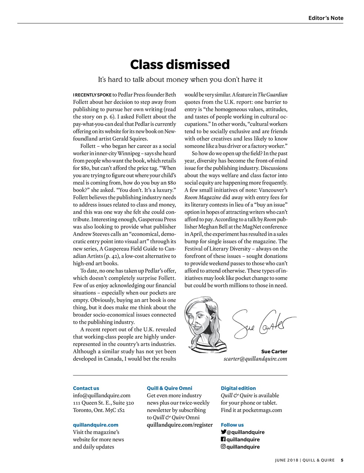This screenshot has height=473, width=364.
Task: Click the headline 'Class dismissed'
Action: (x=180, y=65)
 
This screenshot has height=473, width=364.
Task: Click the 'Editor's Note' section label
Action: (x=325, y=18)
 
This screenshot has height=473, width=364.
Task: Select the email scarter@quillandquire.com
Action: (x=255, y=359)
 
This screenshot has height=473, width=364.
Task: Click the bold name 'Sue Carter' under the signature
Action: (x=274, y=351)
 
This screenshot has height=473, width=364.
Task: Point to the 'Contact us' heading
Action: (x=86, y=388)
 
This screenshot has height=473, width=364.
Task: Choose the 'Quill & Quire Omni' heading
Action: (x=169, y=388)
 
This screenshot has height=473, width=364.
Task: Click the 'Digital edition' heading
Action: (x=238, y=388)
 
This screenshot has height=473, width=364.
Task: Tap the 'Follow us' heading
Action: (x=232, y=425)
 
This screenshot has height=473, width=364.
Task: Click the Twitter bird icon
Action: (x=223, y=432)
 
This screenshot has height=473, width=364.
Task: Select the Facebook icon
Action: (x=223, y=439)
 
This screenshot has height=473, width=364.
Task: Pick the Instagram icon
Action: (x=223, y=447)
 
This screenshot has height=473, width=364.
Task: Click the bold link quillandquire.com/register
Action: (x=180, y=425)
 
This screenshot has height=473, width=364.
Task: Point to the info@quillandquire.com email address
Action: (x=101, y=395)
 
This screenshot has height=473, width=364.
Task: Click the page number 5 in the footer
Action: (x=342, y=460)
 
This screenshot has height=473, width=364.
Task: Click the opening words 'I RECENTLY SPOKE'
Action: (x=92, y=95)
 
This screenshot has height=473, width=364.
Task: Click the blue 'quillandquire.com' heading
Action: (x=96, y=425)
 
